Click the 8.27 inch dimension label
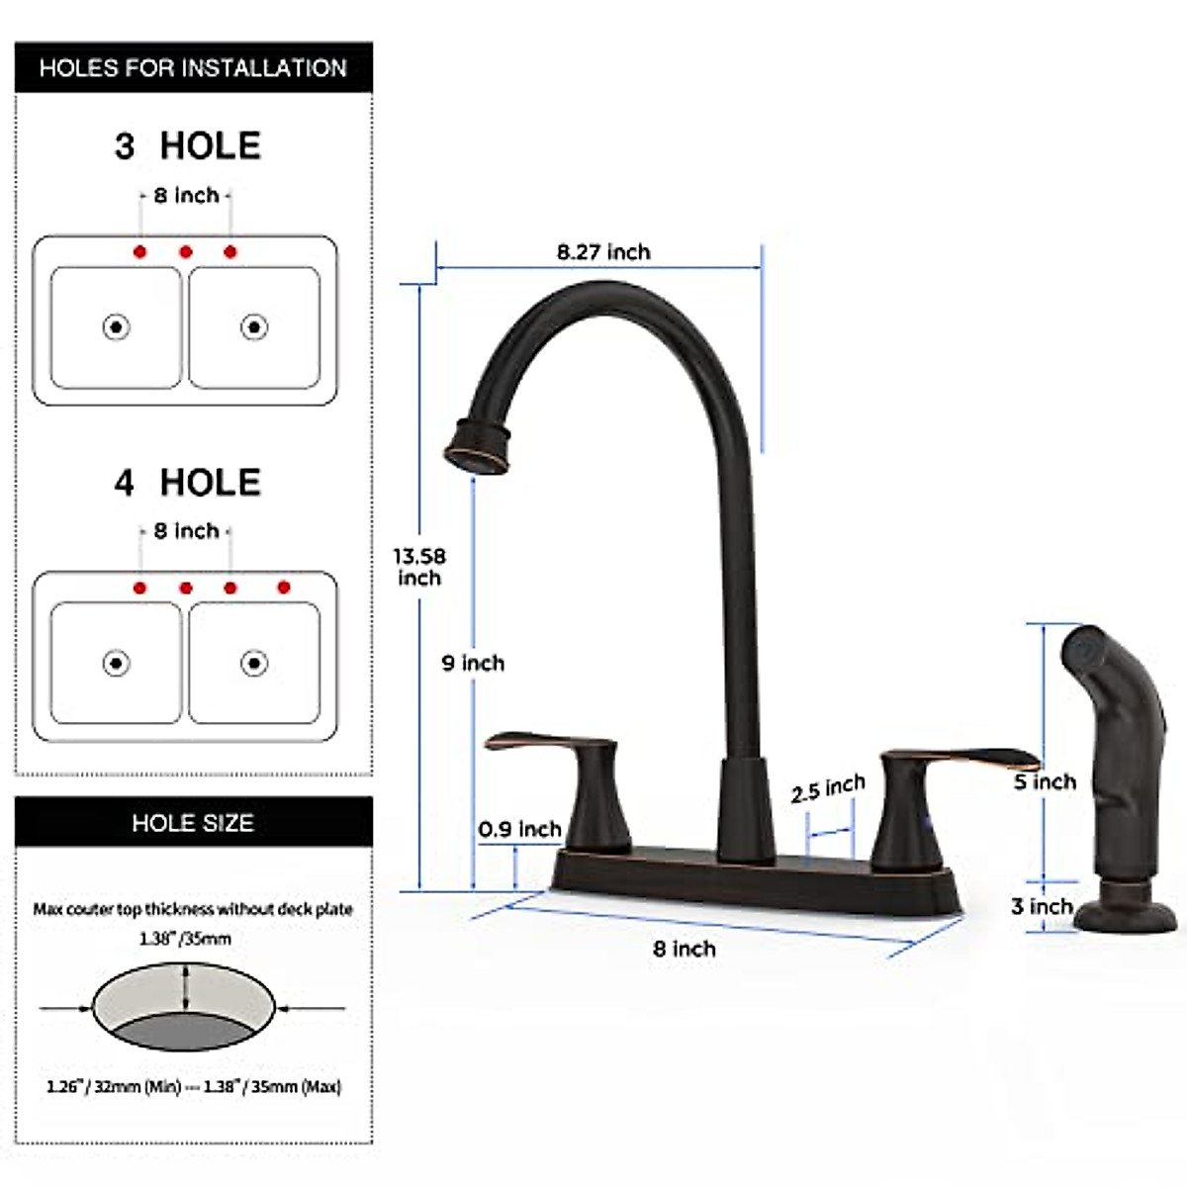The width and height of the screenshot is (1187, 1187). pyautogui.click(x=603, y=252)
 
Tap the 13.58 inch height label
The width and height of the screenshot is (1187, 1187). pyautogui.click(x=419, y=567)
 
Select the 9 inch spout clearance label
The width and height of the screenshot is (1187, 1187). pyautogui.click(x=473, y=663)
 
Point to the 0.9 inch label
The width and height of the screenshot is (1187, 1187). pyautogui.click(x=519, y=829)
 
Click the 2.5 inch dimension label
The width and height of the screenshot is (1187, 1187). pyautogui.click(x=828, y=789)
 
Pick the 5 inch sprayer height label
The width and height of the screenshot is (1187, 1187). pyautogui.click(x=1045, y=782)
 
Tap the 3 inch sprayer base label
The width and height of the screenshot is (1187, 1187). pyautogui.click(x=1042, y=907)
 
